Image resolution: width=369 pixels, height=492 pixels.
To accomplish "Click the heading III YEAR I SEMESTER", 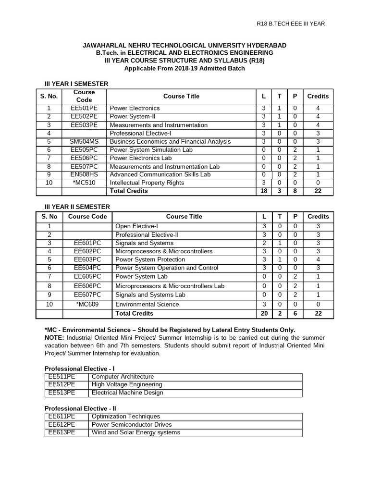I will (76, 84).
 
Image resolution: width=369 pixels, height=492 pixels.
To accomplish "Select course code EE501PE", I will (84, 108).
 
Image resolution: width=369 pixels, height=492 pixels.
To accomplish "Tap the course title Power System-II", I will (133, 117).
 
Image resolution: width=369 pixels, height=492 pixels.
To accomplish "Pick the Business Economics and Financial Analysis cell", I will (170, 141).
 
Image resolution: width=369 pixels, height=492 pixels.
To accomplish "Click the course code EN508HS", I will (84, 174).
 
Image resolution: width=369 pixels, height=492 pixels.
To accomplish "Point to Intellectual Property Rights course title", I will (147, 183).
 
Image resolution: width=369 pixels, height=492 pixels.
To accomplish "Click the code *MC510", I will (84, 183).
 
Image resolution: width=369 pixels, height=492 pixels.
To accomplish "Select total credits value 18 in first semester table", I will (263, 191).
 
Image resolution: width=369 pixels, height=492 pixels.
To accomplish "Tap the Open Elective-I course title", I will (136, 226).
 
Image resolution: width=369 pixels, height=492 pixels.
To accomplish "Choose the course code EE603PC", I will (87, 259).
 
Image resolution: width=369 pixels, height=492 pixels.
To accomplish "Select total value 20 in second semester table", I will (263, 313).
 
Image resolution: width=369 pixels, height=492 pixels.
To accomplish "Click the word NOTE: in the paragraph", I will (54, 337).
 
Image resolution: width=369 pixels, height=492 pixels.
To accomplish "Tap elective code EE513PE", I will (62, 393).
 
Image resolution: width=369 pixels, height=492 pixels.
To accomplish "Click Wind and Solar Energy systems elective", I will (135, 432).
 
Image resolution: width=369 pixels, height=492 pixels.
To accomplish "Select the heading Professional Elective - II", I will (81, 408).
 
